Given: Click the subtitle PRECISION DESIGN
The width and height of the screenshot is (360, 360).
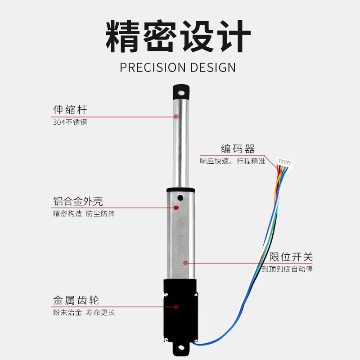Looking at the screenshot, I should click(x=178, y=67).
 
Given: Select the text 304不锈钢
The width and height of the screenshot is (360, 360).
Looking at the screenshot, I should click(x=70, y=122).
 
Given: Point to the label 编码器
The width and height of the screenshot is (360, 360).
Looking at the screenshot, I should click(x=238, y=149).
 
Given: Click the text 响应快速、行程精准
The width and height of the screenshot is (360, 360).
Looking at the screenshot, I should click(x=233, y=161).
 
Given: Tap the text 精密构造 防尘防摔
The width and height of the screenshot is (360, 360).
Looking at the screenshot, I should click(x=84, y=213).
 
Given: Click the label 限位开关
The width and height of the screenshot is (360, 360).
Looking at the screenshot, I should click(x=291, y=257).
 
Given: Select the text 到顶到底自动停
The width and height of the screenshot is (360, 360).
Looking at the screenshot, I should click(x=287, y=269).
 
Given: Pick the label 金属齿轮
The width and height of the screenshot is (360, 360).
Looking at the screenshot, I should click(x=76, y=300).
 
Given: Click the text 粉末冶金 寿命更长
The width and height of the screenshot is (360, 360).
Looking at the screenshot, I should click(x=84, y=312).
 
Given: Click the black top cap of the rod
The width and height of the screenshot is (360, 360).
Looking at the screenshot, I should click(x=180, y=93).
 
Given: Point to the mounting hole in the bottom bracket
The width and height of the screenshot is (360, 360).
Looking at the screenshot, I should click(x=181, y=348).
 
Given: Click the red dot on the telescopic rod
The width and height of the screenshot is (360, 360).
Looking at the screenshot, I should click(x=176, y=117).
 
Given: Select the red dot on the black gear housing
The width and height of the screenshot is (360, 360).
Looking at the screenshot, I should click(x=176, y=307).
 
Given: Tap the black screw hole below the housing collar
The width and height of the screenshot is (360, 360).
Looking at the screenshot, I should click(x=180, y=198).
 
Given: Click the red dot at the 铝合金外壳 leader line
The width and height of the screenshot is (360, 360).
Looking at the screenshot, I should click(x=176, y=207).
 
